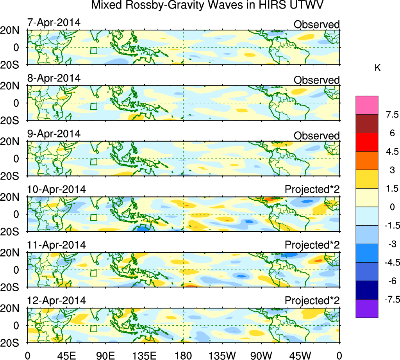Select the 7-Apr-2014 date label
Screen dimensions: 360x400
(54, 23)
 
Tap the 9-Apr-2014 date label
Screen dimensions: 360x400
(54, 134)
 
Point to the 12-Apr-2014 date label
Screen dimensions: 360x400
(56, 301)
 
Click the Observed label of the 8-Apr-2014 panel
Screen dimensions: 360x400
(316, 80)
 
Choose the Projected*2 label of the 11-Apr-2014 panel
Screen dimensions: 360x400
(312, 245)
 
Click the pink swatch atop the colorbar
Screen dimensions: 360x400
(367, 105)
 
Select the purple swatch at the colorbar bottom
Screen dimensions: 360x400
(367, 308)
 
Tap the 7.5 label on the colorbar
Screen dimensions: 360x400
(391, 115)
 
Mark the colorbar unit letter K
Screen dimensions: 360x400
(377, 68)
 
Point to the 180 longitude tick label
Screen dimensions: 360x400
(184, 355)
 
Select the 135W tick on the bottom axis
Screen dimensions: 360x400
(222, 355)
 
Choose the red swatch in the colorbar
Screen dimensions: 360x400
(367, 142)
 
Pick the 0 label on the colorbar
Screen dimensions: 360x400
(391, 207)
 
